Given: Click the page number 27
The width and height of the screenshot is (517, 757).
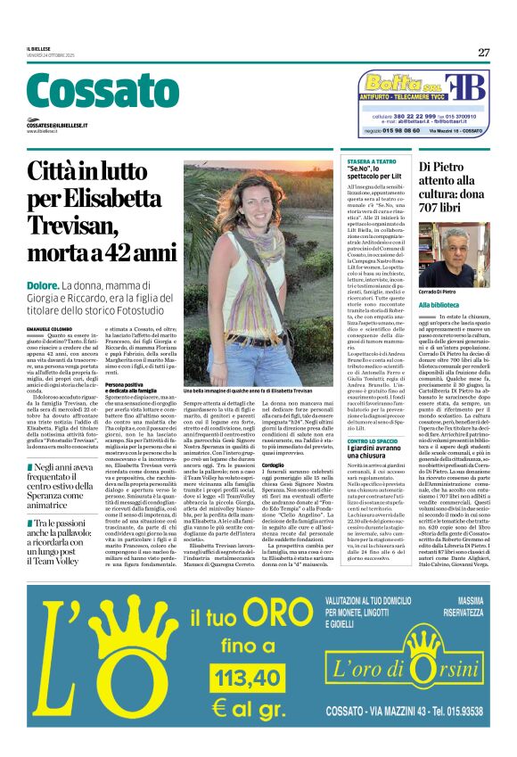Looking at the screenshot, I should [483, 52].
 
